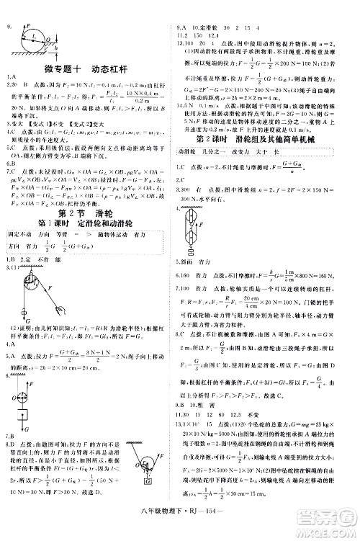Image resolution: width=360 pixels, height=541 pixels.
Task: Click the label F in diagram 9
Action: point(29,23)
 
